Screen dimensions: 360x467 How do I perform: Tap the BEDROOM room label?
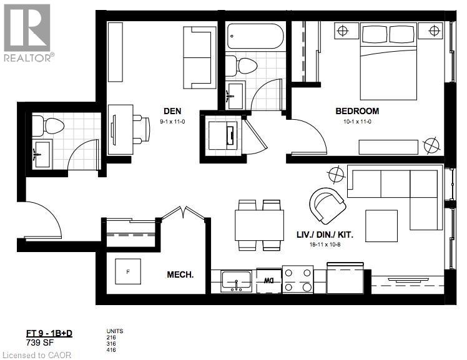356,111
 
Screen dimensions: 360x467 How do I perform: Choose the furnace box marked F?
128,271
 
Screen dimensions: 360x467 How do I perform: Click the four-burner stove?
298,280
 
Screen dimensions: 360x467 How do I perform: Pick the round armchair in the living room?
327,205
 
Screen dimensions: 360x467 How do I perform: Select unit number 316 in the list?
112,343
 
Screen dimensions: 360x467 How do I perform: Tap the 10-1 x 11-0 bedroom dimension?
356,122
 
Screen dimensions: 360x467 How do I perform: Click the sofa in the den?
199,58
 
